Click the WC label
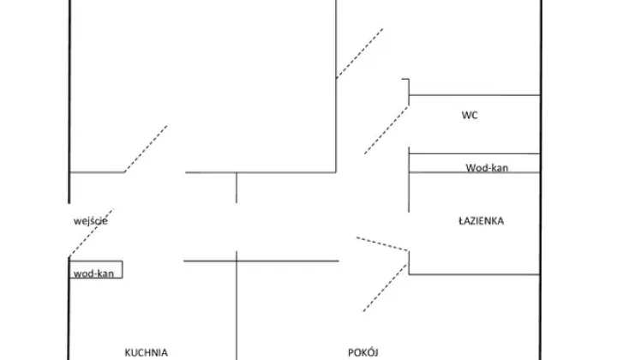tap(469, 115)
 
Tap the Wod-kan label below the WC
tap(487, 167)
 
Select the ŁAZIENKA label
tap(481, 221)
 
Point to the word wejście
tap(90, 221)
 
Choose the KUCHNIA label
tap(145, 351)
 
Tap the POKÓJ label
tap(364, 351)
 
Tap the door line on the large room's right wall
tap(358, 53)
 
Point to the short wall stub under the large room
tap(237, 187)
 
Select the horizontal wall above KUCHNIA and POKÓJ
tap(261, 261)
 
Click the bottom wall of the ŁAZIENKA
tap(474, 274)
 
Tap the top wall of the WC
tap(474, 95)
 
